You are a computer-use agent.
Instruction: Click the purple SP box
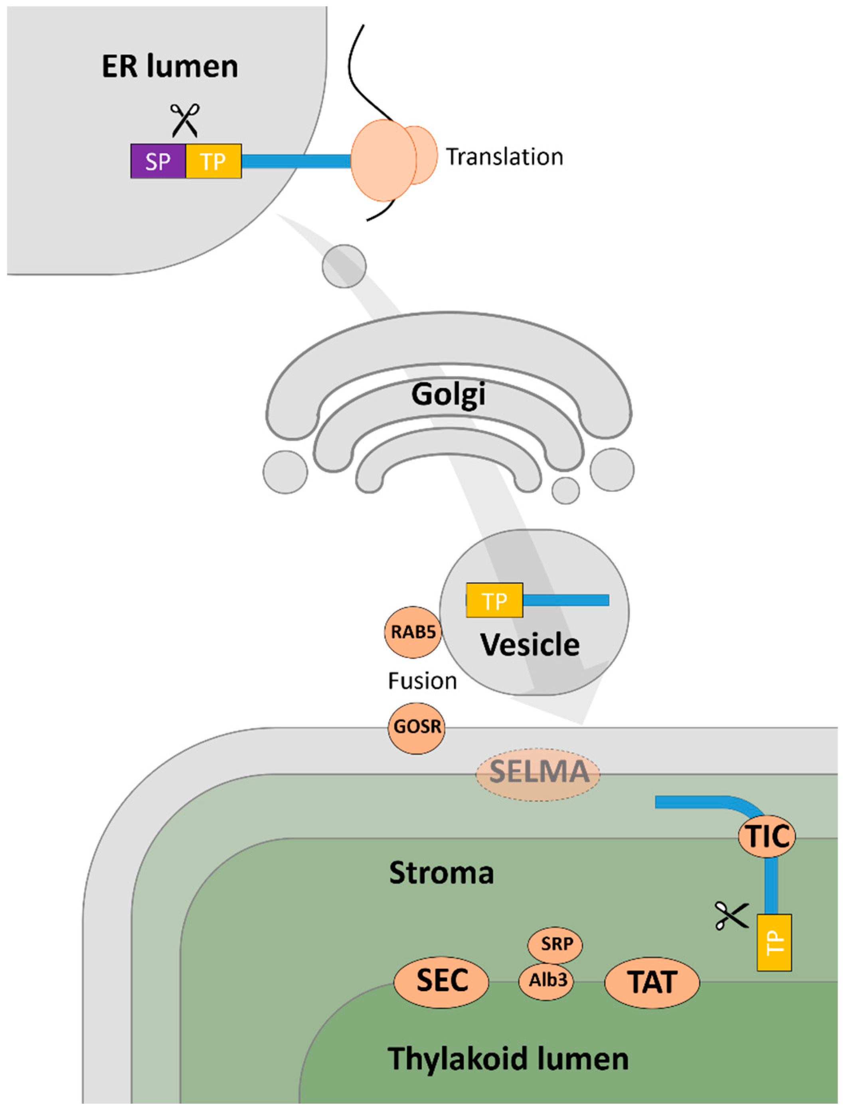point(158,161)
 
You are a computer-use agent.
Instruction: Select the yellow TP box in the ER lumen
point(213,161)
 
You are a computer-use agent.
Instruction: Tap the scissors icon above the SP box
point(184,120)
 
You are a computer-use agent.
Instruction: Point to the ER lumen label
point(170,66)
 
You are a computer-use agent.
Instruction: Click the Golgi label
point(449,394)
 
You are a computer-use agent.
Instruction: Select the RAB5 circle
point(413,632)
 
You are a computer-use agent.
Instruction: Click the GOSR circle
point(417,727)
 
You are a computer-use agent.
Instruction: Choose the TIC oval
point(767,836)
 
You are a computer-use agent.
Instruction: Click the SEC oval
point(441,981)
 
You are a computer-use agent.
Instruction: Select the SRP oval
point(555,944)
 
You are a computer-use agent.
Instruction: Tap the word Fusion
point(422,681)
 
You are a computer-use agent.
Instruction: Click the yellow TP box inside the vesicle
point(494,600)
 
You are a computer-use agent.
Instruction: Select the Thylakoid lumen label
point(508,1059)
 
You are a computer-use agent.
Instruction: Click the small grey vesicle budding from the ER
point(344,266)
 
